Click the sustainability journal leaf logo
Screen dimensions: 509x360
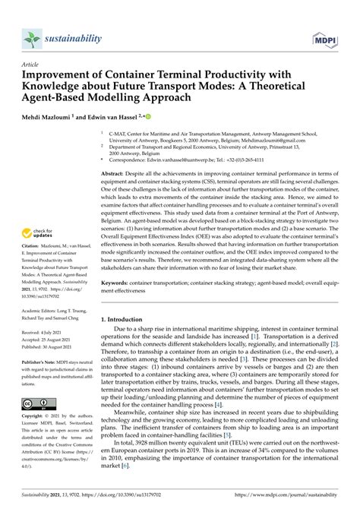pyautogui.click(x=31, y=38)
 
